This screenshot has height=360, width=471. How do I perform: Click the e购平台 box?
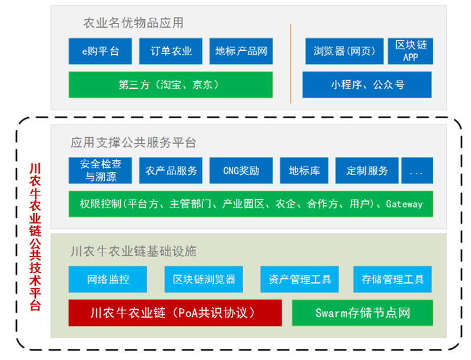[100, 51]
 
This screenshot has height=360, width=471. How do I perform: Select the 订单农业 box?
[171, 51]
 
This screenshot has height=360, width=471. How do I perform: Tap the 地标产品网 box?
[241, 51]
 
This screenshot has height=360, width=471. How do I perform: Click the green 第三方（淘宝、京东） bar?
[171, 85]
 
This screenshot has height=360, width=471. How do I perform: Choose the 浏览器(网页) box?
[344, 51]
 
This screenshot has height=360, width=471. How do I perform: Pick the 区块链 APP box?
[410, 51]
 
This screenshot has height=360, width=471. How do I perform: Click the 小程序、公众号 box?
[367, 85]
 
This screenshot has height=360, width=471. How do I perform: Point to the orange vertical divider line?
[290, 64]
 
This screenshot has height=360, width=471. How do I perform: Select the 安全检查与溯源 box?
[100, 171]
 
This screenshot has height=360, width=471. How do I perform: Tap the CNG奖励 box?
[241, 171]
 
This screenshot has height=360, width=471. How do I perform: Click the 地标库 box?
[304, 171]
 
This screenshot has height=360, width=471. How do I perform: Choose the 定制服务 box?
[367, 171]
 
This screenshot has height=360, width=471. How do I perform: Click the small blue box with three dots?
[417, 171]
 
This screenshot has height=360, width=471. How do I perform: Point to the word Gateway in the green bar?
[404, 204]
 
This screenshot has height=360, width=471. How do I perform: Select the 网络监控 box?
[108, 279]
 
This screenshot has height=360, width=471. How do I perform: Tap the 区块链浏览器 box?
[204, 279]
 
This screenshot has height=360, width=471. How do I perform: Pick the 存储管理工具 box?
[393, 279]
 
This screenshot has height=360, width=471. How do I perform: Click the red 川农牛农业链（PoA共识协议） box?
[175, 313]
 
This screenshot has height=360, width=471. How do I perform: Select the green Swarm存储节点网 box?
[363, 313]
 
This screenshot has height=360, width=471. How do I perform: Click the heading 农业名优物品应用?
[133, 23]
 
